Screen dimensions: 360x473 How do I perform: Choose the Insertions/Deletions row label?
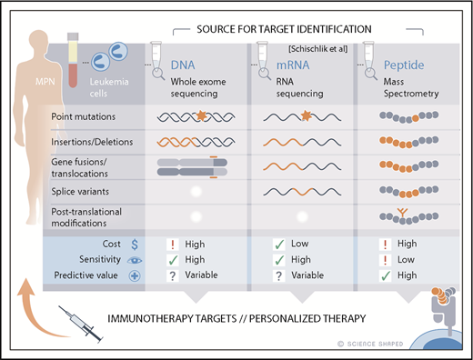90,143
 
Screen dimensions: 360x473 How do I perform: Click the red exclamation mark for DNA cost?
170,245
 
